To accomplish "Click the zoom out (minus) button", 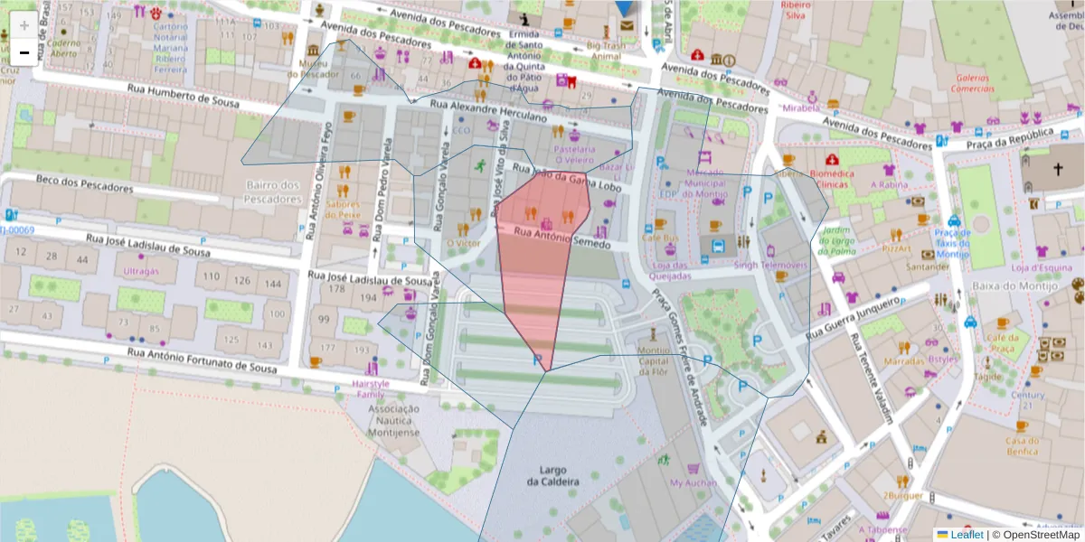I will (x=24, y=52).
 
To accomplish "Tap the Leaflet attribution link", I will (x=967, y=534).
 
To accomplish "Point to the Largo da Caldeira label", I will (x=552, y=476).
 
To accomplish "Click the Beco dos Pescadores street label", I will (x=84, y=184).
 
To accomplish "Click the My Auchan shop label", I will (x=693, y=483).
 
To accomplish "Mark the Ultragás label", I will (x=140, y=270).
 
